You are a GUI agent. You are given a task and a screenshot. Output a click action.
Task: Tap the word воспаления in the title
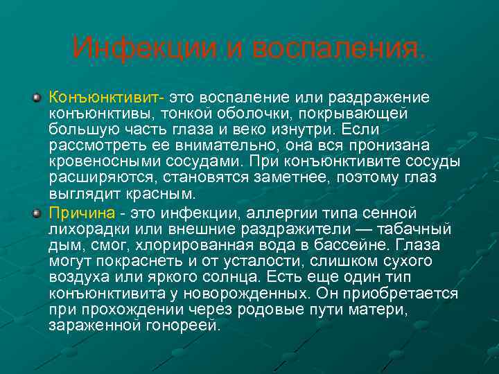(x=338, y=48)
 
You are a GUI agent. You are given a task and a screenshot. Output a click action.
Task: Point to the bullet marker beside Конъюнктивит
(x=37, y=96)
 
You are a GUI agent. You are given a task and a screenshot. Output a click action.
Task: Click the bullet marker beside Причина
(x=37, y=213)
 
